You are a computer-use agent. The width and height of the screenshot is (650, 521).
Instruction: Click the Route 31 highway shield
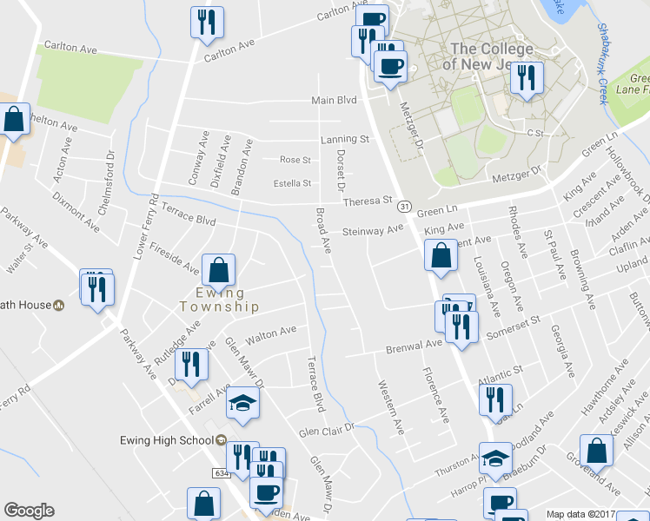[x=405, y=207]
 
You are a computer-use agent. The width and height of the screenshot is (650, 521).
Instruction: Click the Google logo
[x=29, y=511]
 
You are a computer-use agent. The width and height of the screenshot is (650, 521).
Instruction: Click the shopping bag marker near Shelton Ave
[x=14, y=121]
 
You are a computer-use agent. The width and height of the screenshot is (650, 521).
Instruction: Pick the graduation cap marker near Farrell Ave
[x=242, y=403]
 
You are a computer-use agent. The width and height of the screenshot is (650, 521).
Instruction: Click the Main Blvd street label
[x=335, y=101]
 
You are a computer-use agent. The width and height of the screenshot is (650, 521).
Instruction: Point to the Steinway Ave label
[x=374, y=231]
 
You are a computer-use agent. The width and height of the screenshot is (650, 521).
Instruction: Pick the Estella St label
[x=292, y=183]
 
